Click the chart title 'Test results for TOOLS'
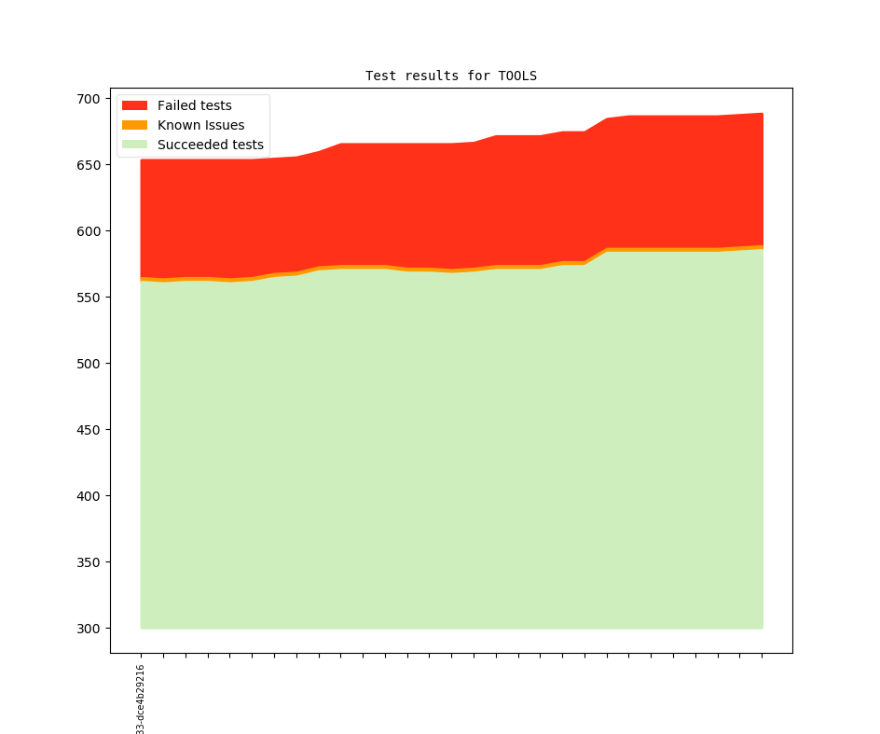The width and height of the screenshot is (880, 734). (450, 76)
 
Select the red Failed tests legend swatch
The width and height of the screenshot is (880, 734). (134, 105)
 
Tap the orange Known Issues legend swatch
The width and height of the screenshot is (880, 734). (134, 125)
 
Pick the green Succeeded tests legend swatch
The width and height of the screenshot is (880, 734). (134, 145)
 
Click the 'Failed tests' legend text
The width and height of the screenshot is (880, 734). (194, 105)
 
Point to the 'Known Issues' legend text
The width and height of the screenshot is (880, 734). (200, 125)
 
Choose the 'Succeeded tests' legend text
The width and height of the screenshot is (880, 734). (210, 145)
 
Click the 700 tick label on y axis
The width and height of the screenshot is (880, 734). (89, 99)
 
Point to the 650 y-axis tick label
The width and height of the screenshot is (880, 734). (89, 165)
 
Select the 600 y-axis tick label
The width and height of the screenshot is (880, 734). (89, 231)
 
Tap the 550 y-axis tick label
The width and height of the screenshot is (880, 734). (89, 298)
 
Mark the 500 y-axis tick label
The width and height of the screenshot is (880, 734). (89, 364)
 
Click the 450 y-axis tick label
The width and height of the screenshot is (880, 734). (89, 430)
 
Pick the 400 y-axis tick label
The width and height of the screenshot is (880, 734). (89, 496)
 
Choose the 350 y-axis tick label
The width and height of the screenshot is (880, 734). (89, 562)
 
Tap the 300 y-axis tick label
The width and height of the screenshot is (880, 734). (89, 629)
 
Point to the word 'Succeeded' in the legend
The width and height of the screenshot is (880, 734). (190, 145)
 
